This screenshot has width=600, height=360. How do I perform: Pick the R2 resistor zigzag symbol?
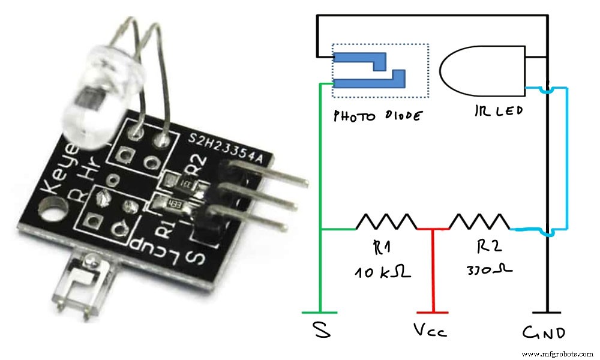click(x=479, y=221)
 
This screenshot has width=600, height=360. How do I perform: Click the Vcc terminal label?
click(x=431, y=331)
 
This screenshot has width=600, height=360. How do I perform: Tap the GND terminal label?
click(x=544, y=332)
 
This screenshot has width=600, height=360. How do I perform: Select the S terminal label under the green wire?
click(x=322, y=331)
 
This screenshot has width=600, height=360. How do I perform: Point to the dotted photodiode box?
click(x=380, y=70)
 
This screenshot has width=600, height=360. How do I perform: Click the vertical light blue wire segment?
click(x=566, y=158)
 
